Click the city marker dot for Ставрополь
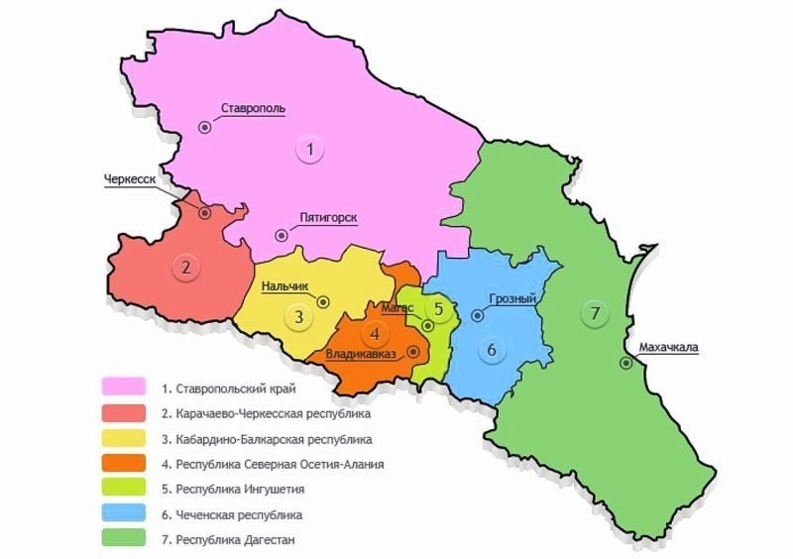(x=204, y=126)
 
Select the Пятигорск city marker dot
(x=283, y=235)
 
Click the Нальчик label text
(x=285, y=286)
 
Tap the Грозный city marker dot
(x=477, y=316)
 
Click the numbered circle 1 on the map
(x=310, y=150)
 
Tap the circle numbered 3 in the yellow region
(x=296, y=317)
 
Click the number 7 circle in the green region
(x=594, y=314)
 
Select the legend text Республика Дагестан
(x=234, y=540)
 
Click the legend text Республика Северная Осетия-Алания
(x=280, y=464)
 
